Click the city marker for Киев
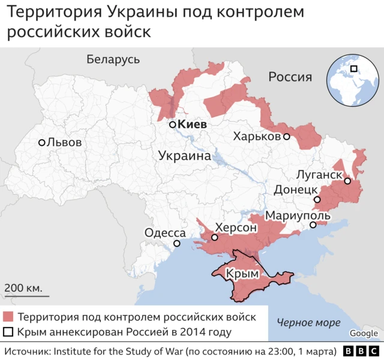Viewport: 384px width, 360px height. (172, 125)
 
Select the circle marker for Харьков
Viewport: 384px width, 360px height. (287, 137)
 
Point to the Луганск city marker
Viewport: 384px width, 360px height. (347, 181)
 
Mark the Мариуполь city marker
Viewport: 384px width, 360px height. (313, 226)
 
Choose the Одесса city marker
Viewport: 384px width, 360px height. (177, 244)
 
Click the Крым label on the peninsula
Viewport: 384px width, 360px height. (242, 274)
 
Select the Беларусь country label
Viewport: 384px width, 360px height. (113, 59)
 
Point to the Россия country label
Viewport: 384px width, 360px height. (290, 77)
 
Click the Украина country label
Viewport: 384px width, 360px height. (184, 156)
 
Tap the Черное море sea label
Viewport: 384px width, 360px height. (308, 323)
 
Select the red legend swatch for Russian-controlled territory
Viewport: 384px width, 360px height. (8, 317)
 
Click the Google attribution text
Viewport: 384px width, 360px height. (364, 334)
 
